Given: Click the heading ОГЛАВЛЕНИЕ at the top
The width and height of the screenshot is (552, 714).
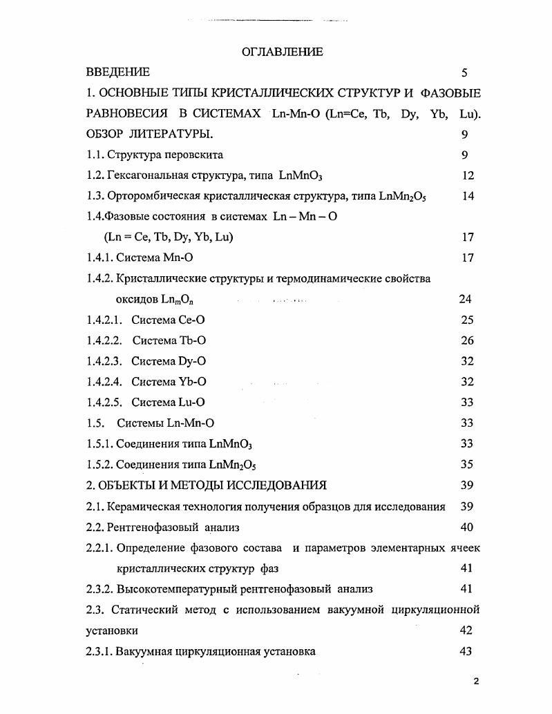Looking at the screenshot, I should click(x=282, y=52).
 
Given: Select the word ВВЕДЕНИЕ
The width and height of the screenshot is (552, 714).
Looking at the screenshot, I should click(x=118, y=72).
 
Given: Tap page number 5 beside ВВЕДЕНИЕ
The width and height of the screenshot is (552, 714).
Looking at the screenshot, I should click(x=464, y=72).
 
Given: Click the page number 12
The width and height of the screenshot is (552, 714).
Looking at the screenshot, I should click(x=468, y=175).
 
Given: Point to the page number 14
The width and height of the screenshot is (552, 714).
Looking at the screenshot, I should click(x=468, y=196).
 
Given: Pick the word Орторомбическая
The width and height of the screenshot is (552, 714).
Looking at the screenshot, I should click(x=149, y=196).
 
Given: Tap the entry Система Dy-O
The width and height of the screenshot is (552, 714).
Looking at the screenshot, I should click(x=169, y=361).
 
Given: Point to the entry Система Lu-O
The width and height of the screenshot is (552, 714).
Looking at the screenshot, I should click(x=168, y=403).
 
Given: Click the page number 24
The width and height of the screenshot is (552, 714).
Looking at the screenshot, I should click(x=465, y=299).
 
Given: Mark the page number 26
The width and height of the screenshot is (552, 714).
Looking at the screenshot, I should click(x=467, y=340).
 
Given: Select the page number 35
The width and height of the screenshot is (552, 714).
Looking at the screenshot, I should click(x=467, y=464).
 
